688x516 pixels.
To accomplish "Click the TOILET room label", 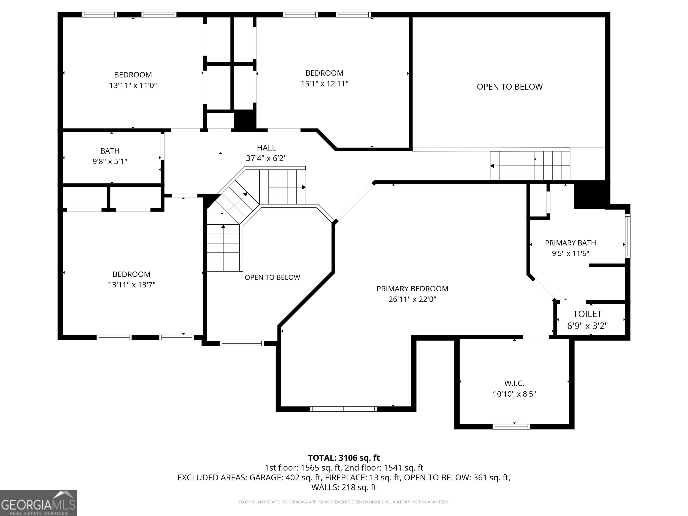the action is [x=587, y=314].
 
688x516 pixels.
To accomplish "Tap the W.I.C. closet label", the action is [x=514, y=383].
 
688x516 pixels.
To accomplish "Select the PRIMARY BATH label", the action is [x=570, y=243].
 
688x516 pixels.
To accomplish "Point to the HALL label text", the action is [x=266, y=148].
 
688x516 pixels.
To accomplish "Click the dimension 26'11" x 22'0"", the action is [x=413, y=299].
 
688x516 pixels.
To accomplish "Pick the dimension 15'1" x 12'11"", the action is [x=325, y=84].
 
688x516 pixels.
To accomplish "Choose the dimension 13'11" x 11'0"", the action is [x=133, y=85].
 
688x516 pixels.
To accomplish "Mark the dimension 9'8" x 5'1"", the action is [x=110, y=161].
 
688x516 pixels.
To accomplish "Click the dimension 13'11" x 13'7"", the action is [x=131, y=285].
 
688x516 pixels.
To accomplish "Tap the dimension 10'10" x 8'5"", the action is [x=514, y=394].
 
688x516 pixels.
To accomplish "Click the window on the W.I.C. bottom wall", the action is [x=511, y=427].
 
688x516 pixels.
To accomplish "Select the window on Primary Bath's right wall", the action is [x=628, y=236].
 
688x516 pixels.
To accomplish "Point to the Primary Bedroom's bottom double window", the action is [x=344, y=409].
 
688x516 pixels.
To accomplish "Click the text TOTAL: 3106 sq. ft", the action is [x=344, y=458].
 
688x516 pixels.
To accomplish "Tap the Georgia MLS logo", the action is [x=39, y=503].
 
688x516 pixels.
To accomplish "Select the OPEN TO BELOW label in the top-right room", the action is [x=510, y=87].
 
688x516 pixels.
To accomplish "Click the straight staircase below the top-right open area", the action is [x=530, y=166].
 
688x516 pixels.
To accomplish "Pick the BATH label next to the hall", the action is [x=110, y=151].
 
